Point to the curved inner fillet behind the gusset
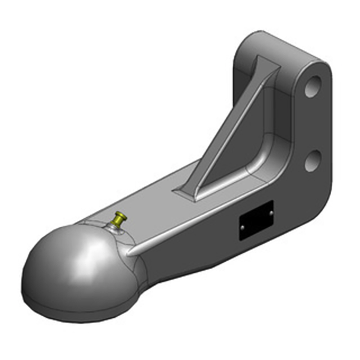coord(265,148)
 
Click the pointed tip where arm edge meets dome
coord(128,254)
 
